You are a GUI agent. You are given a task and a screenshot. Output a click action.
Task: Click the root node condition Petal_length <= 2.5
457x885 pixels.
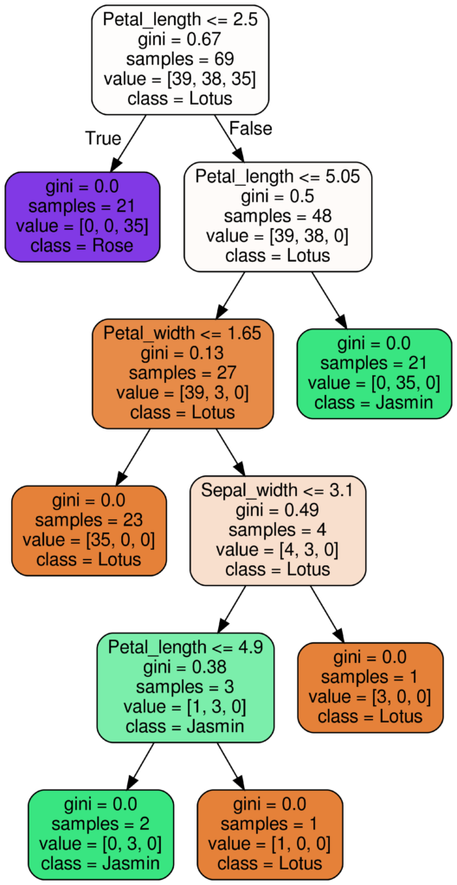[x=180, y=19]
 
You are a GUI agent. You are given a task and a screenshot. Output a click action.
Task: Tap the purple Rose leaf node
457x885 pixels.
[x=83, y=216]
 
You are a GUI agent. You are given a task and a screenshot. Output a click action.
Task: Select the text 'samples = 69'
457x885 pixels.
[x=180, y=59]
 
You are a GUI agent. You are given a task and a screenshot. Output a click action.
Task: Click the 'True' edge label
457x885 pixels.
[x=103, y=138]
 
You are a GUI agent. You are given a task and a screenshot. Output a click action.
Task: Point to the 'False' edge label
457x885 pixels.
[x=249, y=129]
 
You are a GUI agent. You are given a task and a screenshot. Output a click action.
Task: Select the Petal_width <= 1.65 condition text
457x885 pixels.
[x=183, y=333]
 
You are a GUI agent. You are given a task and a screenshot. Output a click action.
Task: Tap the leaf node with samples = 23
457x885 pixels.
[x=88, y=530]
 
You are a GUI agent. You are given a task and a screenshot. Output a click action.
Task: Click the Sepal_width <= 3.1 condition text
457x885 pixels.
[x=278, y=491]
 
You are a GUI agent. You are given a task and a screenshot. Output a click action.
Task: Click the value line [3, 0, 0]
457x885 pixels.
[x=370, y=697]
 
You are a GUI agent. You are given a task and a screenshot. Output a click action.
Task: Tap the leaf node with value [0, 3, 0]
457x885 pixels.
[x=100, y=833]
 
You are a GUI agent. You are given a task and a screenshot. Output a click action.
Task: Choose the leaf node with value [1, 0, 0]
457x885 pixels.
[x=271, y=833]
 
